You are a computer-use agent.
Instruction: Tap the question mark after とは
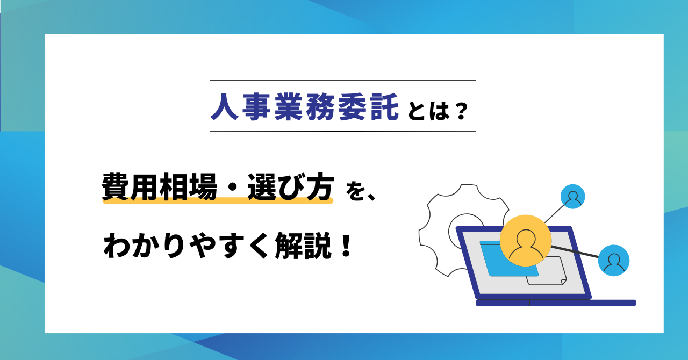pos(462,111)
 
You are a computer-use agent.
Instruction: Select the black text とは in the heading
pos(428,111)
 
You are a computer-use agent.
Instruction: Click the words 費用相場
pos(160,186)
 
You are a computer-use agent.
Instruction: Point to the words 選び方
pos(291,186)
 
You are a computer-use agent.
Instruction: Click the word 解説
pos(303,246)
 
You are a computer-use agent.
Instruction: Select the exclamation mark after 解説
pos(346,245)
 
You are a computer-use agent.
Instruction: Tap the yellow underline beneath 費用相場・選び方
pos(218,201)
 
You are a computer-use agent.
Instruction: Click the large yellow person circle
pos(526,241)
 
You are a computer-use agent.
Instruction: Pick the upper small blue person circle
pos(572,197)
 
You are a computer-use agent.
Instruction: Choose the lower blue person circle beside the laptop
pos(614,261)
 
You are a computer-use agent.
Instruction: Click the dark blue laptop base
pos(556,303)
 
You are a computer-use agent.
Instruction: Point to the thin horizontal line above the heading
pos(343,81)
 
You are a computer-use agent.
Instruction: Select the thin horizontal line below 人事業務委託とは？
pos(343,131)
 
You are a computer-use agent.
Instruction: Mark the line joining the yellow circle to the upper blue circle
pos(555,213)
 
